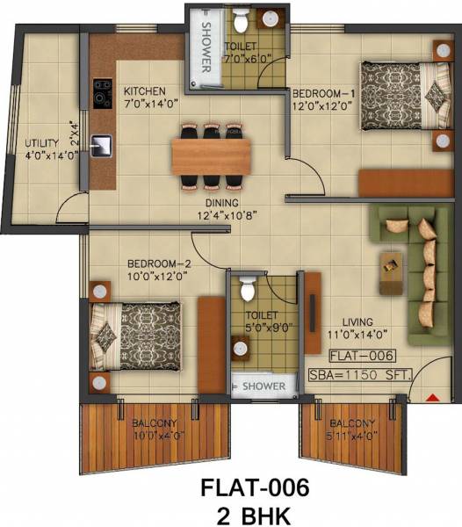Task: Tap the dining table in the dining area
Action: coord(210,156)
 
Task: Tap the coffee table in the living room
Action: coord(386,271)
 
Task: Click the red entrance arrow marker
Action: coord(431,398)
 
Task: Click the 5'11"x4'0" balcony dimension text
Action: coord(355,434)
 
